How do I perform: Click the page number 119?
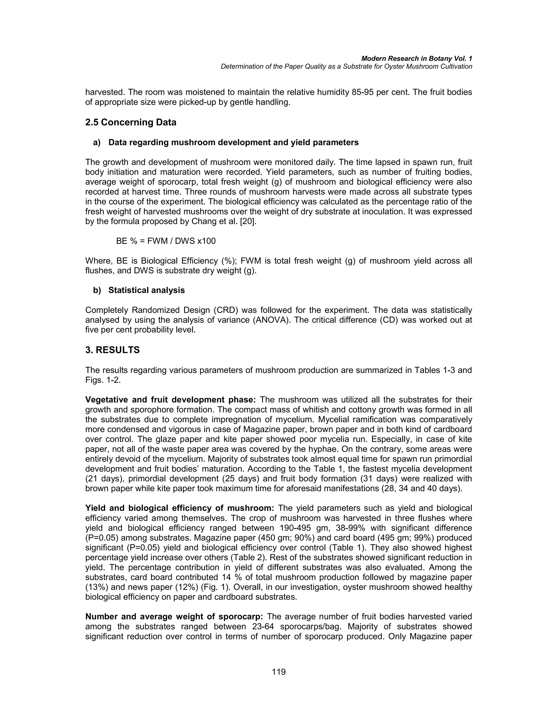tap(278, 672)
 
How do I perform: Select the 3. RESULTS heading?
tap(113, 350)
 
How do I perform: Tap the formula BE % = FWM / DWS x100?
tap(166, 241)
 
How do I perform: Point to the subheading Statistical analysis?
tap(147, 290)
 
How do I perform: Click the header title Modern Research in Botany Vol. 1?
tap(416, 58)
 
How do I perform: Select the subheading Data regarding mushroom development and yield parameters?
tap(233, 143)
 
